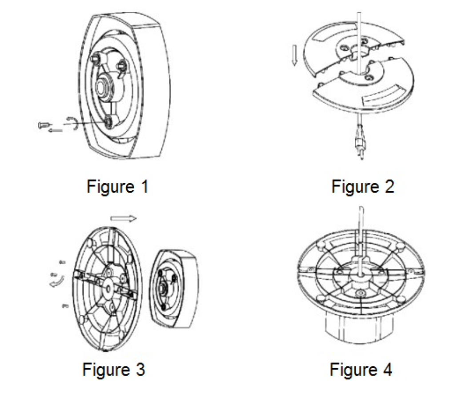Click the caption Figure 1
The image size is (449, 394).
coord(118,186)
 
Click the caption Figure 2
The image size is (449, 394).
coord(362,186)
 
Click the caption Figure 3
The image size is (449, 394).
coord(114,370)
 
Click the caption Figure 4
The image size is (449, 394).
coord(361,370)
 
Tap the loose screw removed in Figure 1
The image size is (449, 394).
coord(44,125)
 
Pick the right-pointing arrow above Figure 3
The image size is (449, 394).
coord(124,219)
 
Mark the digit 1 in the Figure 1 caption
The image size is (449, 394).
coord(145,186)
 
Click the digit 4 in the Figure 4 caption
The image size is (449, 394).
coord(388,370)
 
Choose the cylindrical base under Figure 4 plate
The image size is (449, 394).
coord(359,327)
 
